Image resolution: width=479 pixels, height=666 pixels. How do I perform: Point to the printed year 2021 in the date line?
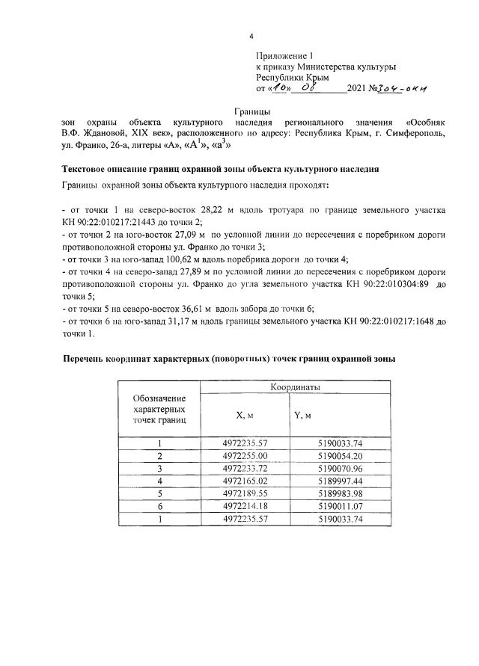tap(359, 90)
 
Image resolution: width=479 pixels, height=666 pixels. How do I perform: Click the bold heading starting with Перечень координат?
tap(228, 360)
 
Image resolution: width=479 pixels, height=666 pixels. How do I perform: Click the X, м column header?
tap(245, 415)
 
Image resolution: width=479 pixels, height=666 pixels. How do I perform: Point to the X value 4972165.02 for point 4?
tap(245, 481)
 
